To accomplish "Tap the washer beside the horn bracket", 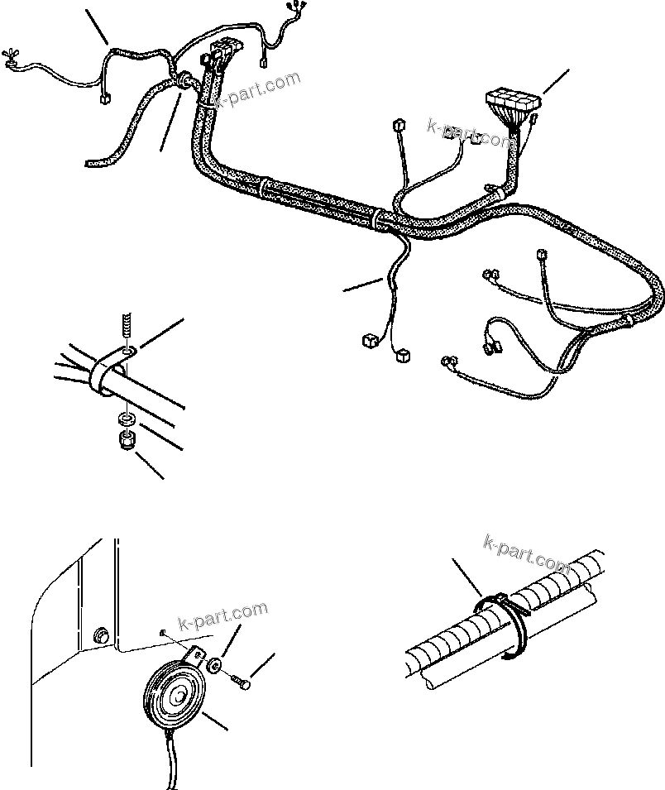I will (x=213, y=664).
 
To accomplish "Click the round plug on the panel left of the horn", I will (x=102, y=635).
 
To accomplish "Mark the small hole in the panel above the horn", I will (x=165, y=634).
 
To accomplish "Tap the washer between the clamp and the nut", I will (x=125, y=415).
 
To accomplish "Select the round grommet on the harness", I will (x=183, y=80).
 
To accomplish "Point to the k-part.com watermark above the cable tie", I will (x=527, y=553).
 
